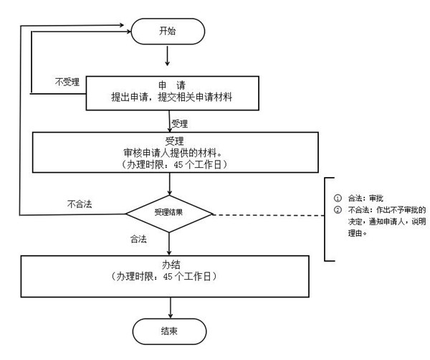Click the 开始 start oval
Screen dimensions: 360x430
pyautogui.click(x=166, y=31)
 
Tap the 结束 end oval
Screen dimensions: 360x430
pyautogui.click(x=169, y=332)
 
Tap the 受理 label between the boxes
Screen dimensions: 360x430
pyautogui.click(x=180, y=123)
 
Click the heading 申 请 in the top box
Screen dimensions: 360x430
pyautogui.click(x=169, y=85)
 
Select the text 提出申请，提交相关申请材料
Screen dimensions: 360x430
pyautogui.click(x=169, y=98)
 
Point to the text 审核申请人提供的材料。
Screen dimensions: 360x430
pyautogui.click(x=169, y=152)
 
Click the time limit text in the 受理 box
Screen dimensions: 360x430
pyautogui.click(x=169, y=164)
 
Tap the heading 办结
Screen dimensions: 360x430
pyautogui.click(x=169, y=263)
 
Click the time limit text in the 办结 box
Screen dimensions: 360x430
pyautogui.click(x=169, y=276)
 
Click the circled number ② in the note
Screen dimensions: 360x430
pyautogui.click(x=338, y=210)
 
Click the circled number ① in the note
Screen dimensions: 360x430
pyautogui.click(x=338, y=198)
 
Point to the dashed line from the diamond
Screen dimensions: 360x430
pyautogui.click(x=269, y=214)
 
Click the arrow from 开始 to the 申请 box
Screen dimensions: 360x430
pyautogui.click(x=166, y=57)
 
